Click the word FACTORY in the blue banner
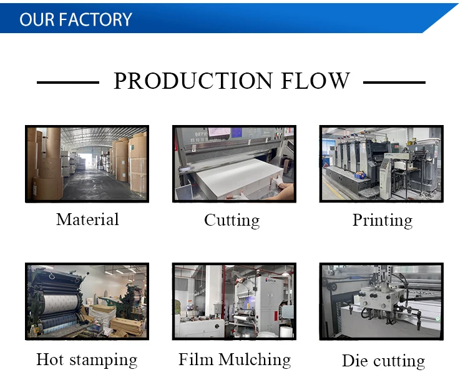pyautogui.click(x=95, y=19)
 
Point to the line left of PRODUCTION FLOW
pyautogui.click(x=68, y=82)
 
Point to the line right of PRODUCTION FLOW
pyautogui.click(x=394, y=82)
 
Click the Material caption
pyautogui.click(x=87, y=219)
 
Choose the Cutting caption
pyautogui.click(x=232, y=220)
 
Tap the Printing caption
pyautogui.click(x=383, y=220)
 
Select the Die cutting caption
pyautogui.click(x=383, y=361)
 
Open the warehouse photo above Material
pyautogui.click(x=87, y=164)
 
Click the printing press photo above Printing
pyautogui.click(x=381, y=164)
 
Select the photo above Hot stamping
pyautogui.click(x=87, y=301)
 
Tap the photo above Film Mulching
pyautogui.click(x=234, y=301)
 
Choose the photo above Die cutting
pyautogui.click(x=381, y=301)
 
